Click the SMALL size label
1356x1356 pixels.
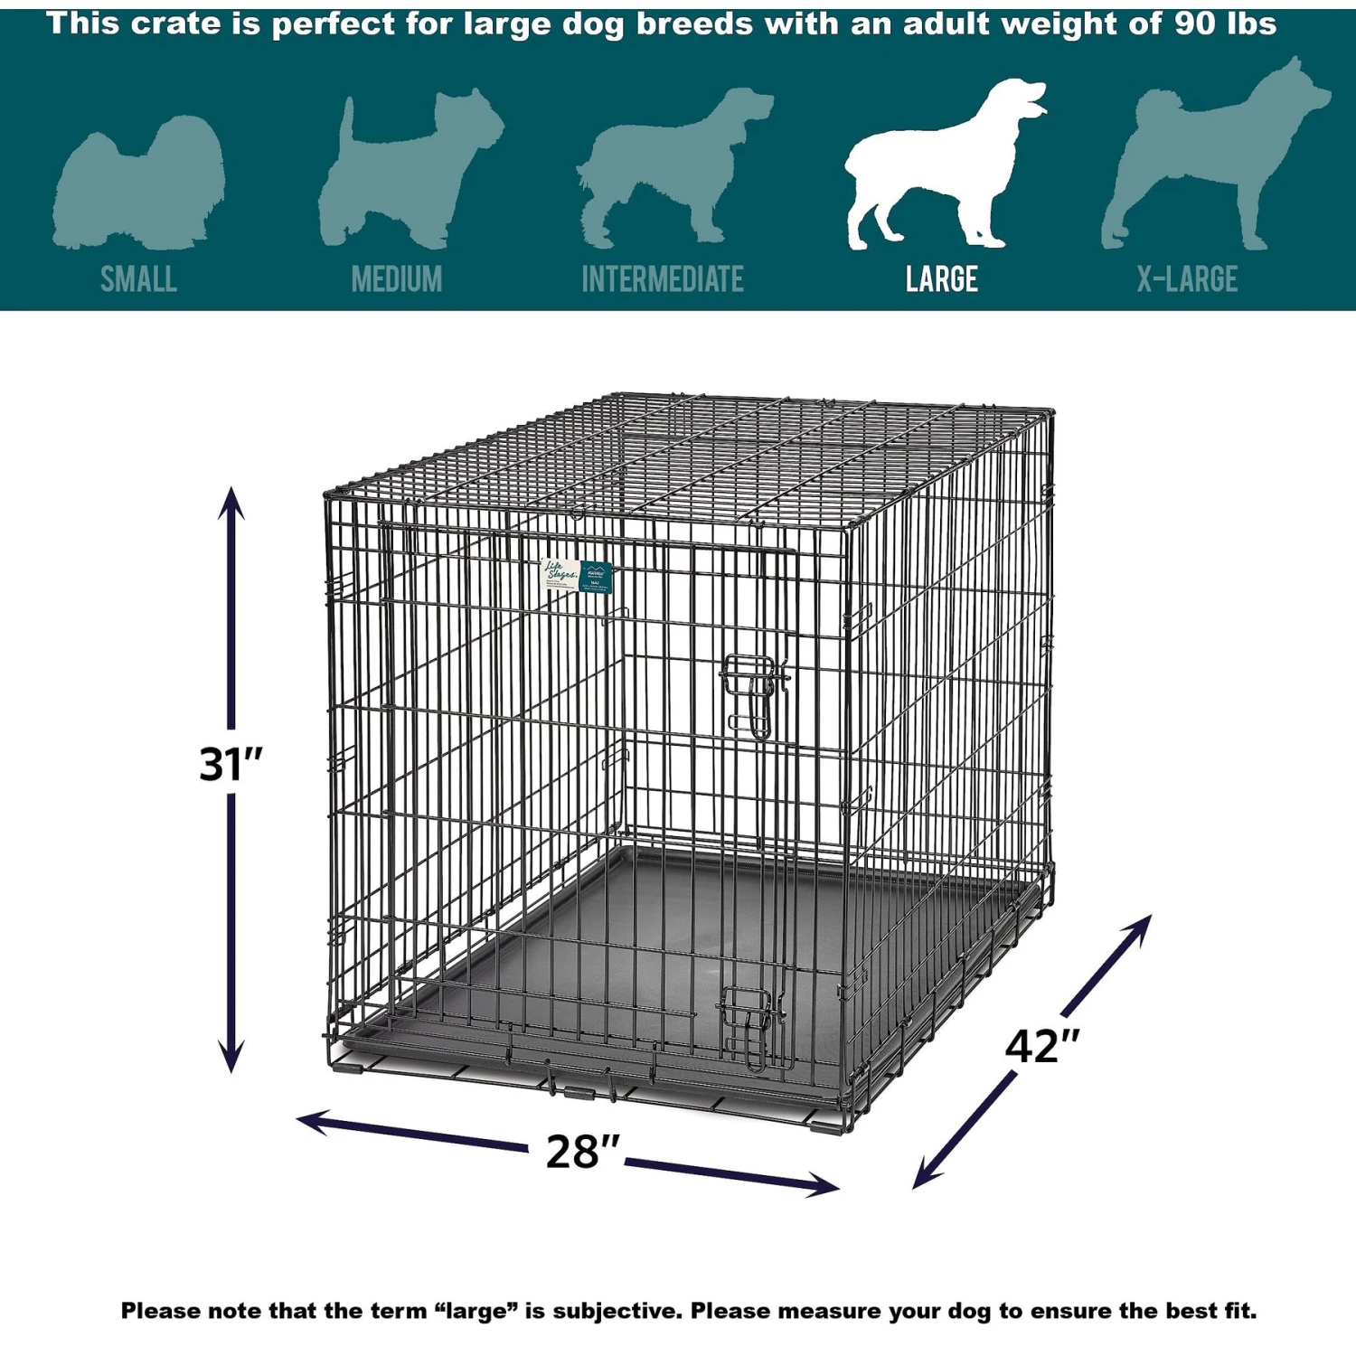pos(138,279)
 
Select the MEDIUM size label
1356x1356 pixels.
pos(397,279)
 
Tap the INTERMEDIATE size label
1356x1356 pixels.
pos(663,279)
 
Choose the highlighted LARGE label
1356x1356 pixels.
pos(942,279)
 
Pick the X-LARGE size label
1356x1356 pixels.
pos(1187,279)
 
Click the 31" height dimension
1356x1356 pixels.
pos(231,764)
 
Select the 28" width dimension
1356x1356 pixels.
pos(582,1152)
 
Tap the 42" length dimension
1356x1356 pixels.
pos(1042,1047)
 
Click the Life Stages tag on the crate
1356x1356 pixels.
pos(577,576)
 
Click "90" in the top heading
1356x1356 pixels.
pos(1194,24)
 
